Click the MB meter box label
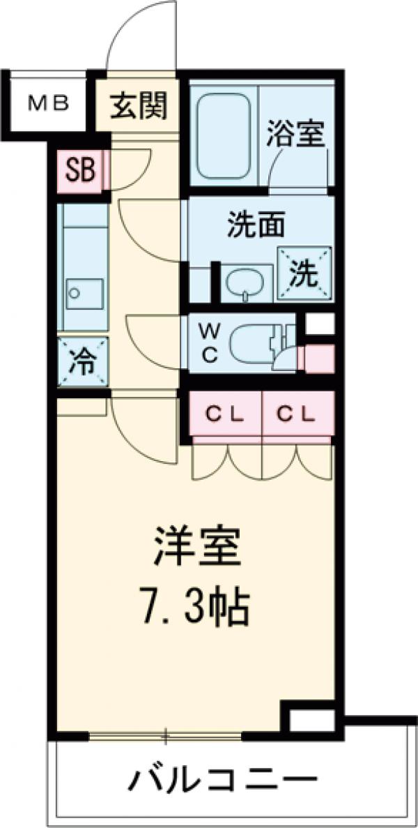pyautogui.click(x=48, y=104)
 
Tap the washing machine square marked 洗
pyautogui.click(x=303, y=275)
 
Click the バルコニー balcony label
pyautogui.click(x=222, y=779)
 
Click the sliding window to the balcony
pyautogui.click(x=166, y=734)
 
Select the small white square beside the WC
pyautogui.click(x=320, y=324)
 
